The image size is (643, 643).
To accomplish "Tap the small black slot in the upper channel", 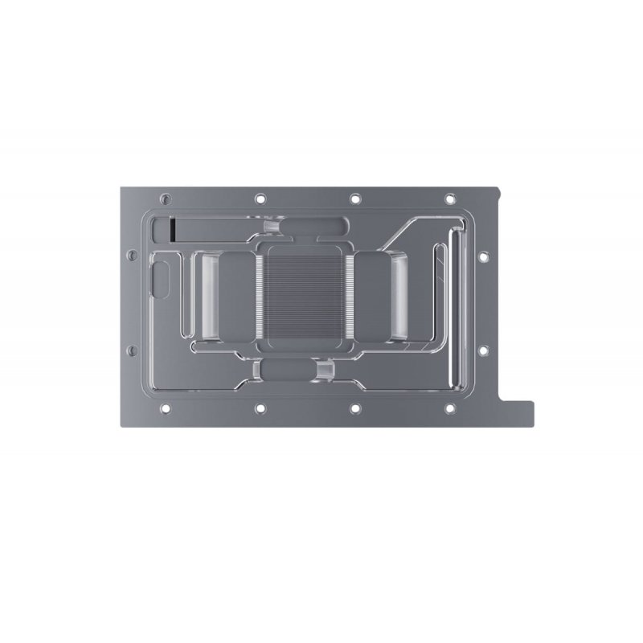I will (x=173, y=229).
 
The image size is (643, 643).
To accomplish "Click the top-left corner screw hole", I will (x=166, y=198).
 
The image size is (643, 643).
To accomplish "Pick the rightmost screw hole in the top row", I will (x=449, y=198).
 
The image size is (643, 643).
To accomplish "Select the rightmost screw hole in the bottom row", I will (x=449, y=408).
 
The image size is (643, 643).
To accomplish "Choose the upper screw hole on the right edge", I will (x=483, y=257).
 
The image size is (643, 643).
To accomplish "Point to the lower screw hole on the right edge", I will (x=483, y=350).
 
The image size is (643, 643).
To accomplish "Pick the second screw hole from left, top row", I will (x=260, y=198).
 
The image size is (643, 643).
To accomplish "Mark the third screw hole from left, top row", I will (x=354, y=198).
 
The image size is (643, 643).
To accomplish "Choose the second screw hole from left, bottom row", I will (x=260, y=408).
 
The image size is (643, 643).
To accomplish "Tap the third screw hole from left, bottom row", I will (x=354, y=408).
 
